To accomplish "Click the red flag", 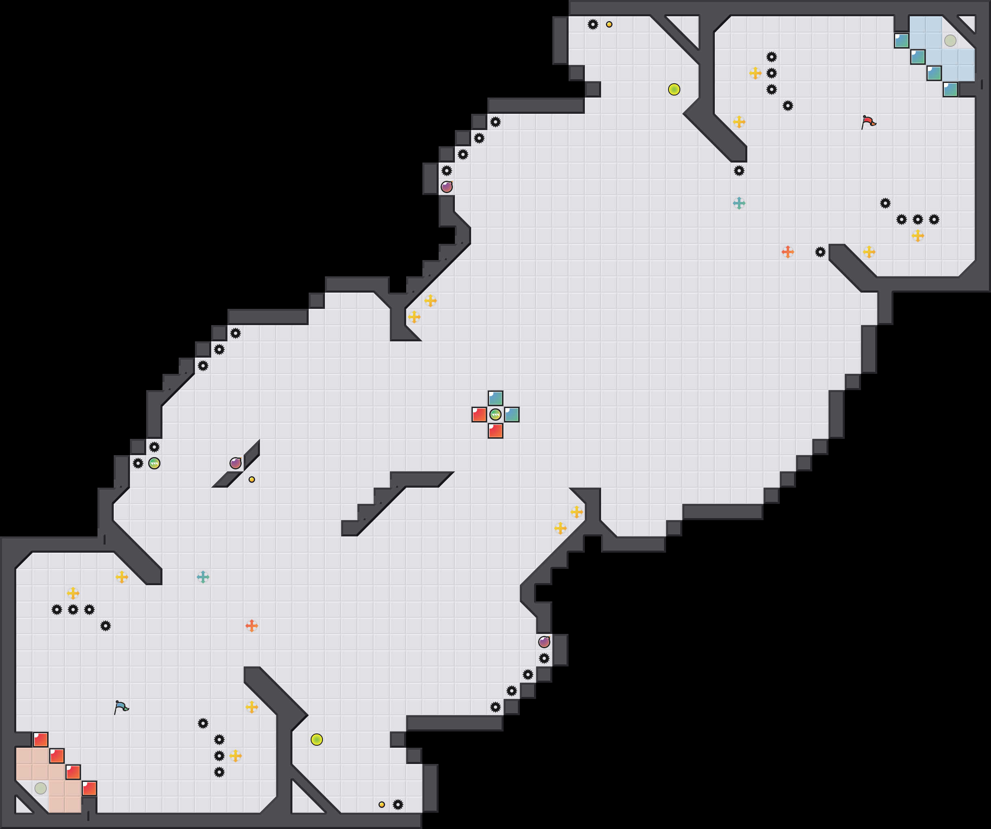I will (868, 122).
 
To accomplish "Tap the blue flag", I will (121, 707).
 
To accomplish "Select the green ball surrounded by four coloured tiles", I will (495, 415).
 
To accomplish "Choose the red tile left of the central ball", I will (479, 415).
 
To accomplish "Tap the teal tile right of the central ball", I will (512, 415).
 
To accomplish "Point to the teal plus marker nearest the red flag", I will (739, 204).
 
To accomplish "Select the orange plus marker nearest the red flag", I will (788, 252).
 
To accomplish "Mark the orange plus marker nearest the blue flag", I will (251, 626).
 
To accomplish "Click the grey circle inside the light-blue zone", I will (950, 41).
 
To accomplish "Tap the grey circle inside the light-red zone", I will (41, 788).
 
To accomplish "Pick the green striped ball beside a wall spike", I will (154, 464).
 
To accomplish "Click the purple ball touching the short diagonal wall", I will (236, 464).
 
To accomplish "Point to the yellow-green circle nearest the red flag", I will (674, 89).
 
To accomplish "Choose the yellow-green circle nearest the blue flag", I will (317, 740).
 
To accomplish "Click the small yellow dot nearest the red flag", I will (609, 24).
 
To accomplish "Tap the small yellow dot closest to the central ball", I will (251, 480).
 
